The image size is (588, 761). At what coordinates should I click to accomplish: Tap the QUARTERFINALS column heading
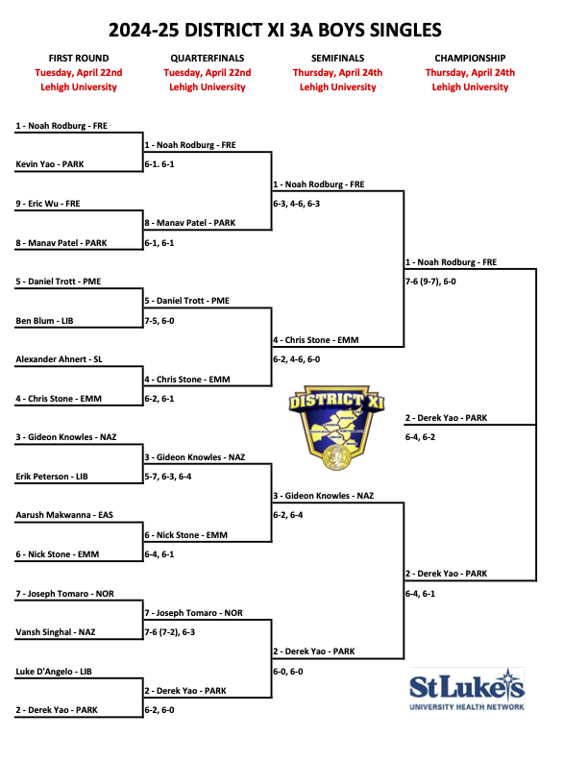tap(207, 58)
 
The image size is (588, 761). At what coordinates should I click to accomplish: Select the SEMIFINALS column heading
tap(337, 58)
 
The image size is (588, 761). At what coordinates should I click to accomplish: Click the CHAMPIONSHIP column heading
tap(470, 58)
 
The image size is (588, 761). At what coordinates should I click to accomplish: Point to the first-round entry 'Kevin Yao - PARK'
tap(50, 164)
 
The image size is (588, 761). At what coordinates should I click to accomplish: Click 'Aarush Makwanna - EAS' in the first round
tap(64, 515)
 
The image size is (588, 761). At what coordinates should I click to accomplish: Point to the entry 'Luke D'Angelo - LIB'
tap(56, 671)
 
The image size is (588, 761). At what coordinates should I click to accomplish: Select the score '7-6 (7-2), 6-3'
tap(183, 632)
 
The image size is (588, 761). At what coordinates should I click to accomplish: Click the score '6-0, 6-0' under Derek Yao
tap(292, 671)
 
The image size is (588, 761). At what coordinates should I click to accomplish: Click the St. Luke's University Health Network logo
tap(467, 691)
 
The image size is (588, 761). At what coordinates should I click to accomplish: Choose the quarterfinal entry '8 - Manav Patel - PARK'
tap(189, 223)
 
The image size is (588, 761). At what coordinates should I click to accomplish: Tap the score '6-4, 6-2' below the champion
tap(421, 437)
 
